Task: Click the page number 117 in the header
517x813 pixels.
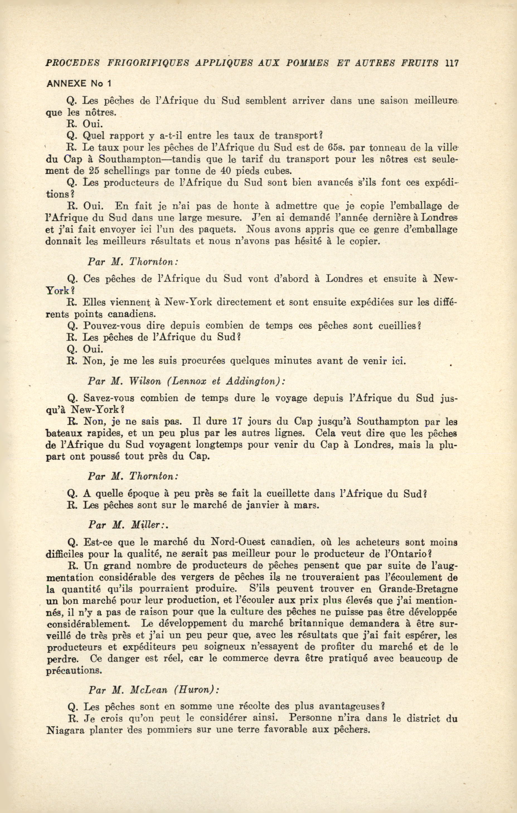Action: (452, 63)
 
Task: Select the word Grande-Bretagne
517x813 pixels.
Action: (418, 589)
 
